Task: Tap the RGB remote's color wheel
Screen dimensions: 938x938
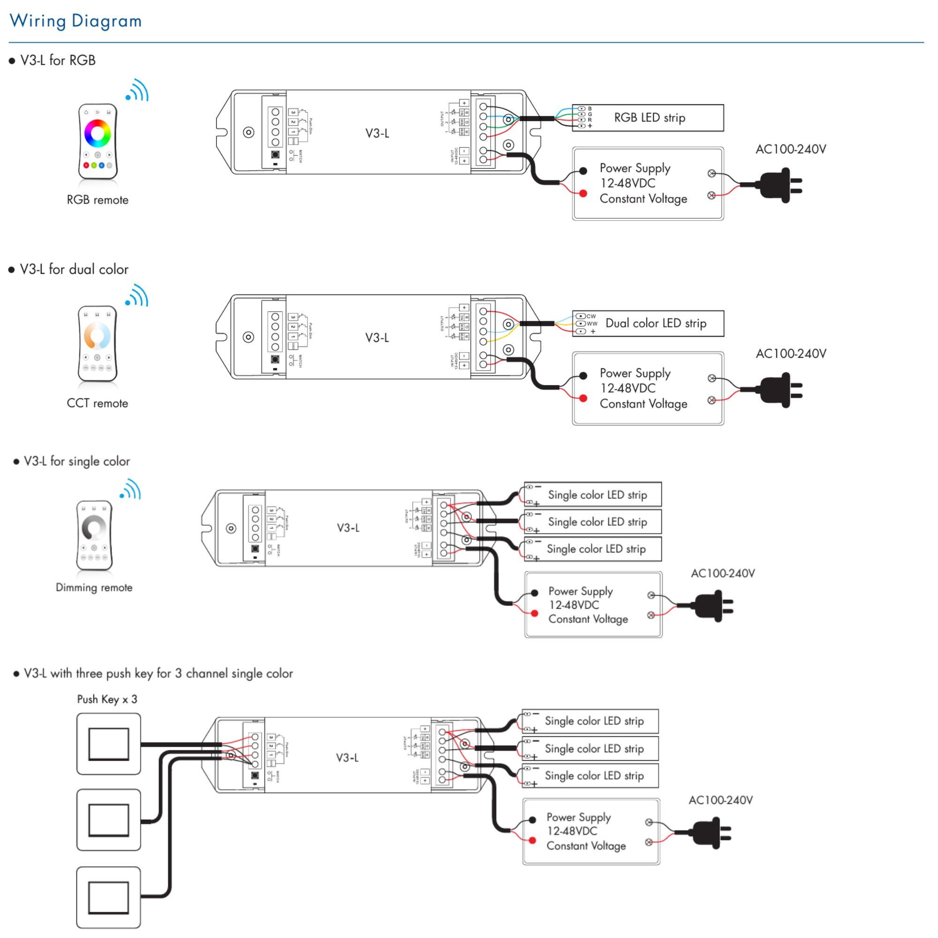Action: (x=98, y=133)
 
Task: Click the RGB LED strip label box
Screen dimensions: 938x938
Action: (x=649, y=118)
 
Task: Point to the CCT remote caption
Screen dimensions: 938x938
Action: (x=97, y=403)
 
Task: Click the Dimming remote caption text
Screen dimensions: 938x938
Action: (x=94, y=588)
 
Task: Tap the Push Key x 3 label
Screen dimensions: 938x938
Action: (x=107, y=699)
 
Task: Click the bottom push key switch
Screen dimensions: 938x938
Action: (x=108, y=897)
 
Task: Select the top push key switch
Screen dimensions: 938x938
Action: (x=108, y=744)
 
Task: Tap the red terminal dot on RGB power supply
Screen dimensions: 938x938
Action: (x=583, y=194)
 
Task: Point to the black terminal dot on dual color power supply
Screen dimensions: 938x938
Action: (x=583, y=375)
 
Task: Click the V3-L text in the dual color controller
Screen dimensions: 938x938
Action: (x=377, y=338)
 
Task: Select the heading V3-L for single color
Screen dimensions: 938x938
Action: (x=76, y=461)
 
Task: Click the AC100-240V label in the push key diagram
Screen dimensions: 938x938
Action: (x=720, y=800)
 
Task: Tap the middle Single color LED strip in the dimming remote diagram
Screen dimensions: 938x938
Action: (x=597, y=522)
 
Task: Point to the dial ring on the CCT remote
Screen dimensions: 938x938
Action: (x=97, y=335)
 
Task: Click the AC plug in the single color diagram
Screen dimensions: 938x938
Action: (x=712, y=605)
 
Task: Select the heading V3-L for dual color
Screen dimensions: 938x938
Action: (x=73, y=270)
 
